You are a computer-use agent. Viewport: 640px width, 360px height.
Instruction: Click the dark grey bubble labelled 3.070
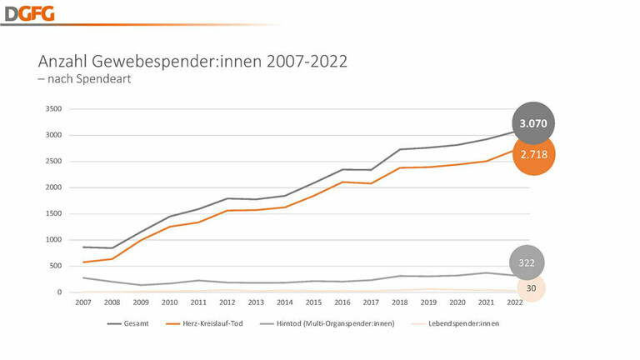click(x=532, y=123)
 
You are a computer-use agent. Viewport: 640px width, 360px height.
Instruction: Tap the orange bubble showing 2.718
click(x=532, y=155)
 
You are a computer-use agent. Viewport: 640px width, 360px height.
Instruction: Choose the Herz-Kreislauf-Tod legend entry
click(x=207, y=322)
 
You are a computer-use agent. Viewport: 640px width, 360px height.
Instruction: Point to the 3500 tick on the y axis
click(x=53, y=109)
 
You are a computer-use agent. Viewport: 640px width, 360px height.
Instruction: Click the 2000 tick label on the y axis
click(x=53, y=187)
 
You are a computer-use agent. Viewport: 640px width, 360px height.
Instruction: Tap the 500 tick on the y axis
click(x=56, y=266)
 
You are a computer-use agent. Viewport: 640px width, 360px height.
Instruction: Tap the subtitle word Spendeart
click(x=106, y=79)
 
